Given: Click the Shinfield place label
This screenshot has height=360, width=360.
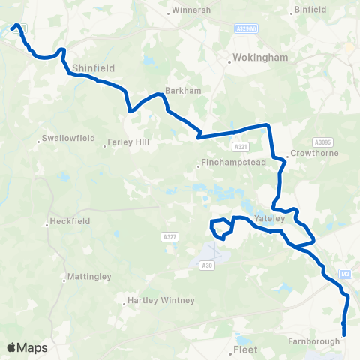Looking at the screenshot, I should tap(93, 67).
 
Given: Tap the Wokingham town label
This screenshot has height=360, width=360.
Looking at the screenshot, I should tap(252, 57).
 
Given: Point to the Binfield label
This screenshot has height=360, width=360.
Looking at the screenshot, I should tap(311, 10).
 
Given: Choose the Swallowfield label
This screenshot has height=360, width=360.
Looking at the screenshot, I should tap(65, 139).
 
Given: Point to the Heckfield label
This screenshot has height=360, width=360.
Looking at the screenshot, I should tap(70, 222).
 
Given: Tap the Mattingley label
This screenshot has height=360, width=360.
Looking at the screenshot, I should tap(88, 277).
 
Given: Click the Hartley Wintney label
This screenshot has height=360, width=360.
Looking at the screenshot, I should tap(161, 301).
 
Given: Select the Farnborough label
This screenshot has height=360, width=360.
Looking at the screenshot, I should tap(314, 340).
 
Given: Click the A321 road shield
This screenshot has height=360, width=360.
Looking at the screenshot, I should tap(240, 147).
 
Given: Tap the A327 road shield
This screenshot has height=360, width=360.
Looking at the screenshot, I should tap(169, 237).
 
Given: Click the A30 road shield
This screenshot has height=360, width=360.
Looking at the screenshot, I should tap(207, 265).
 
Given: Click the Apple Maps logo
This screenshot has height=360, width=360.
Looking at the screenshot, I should tap(28, 347).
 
